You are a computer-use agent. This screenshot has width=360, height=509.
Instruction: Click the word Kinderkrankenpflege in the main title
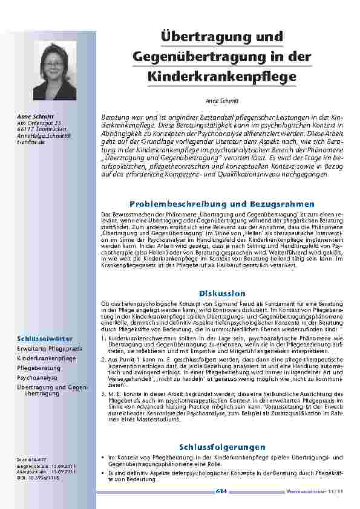click(221, 77)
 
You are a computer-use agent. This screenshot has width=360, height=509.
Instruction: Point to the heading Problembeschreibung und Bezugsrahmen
click(221, 204)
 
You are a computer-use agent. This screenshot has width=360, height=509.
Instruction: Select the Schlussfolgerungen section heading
click(221, 446)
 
